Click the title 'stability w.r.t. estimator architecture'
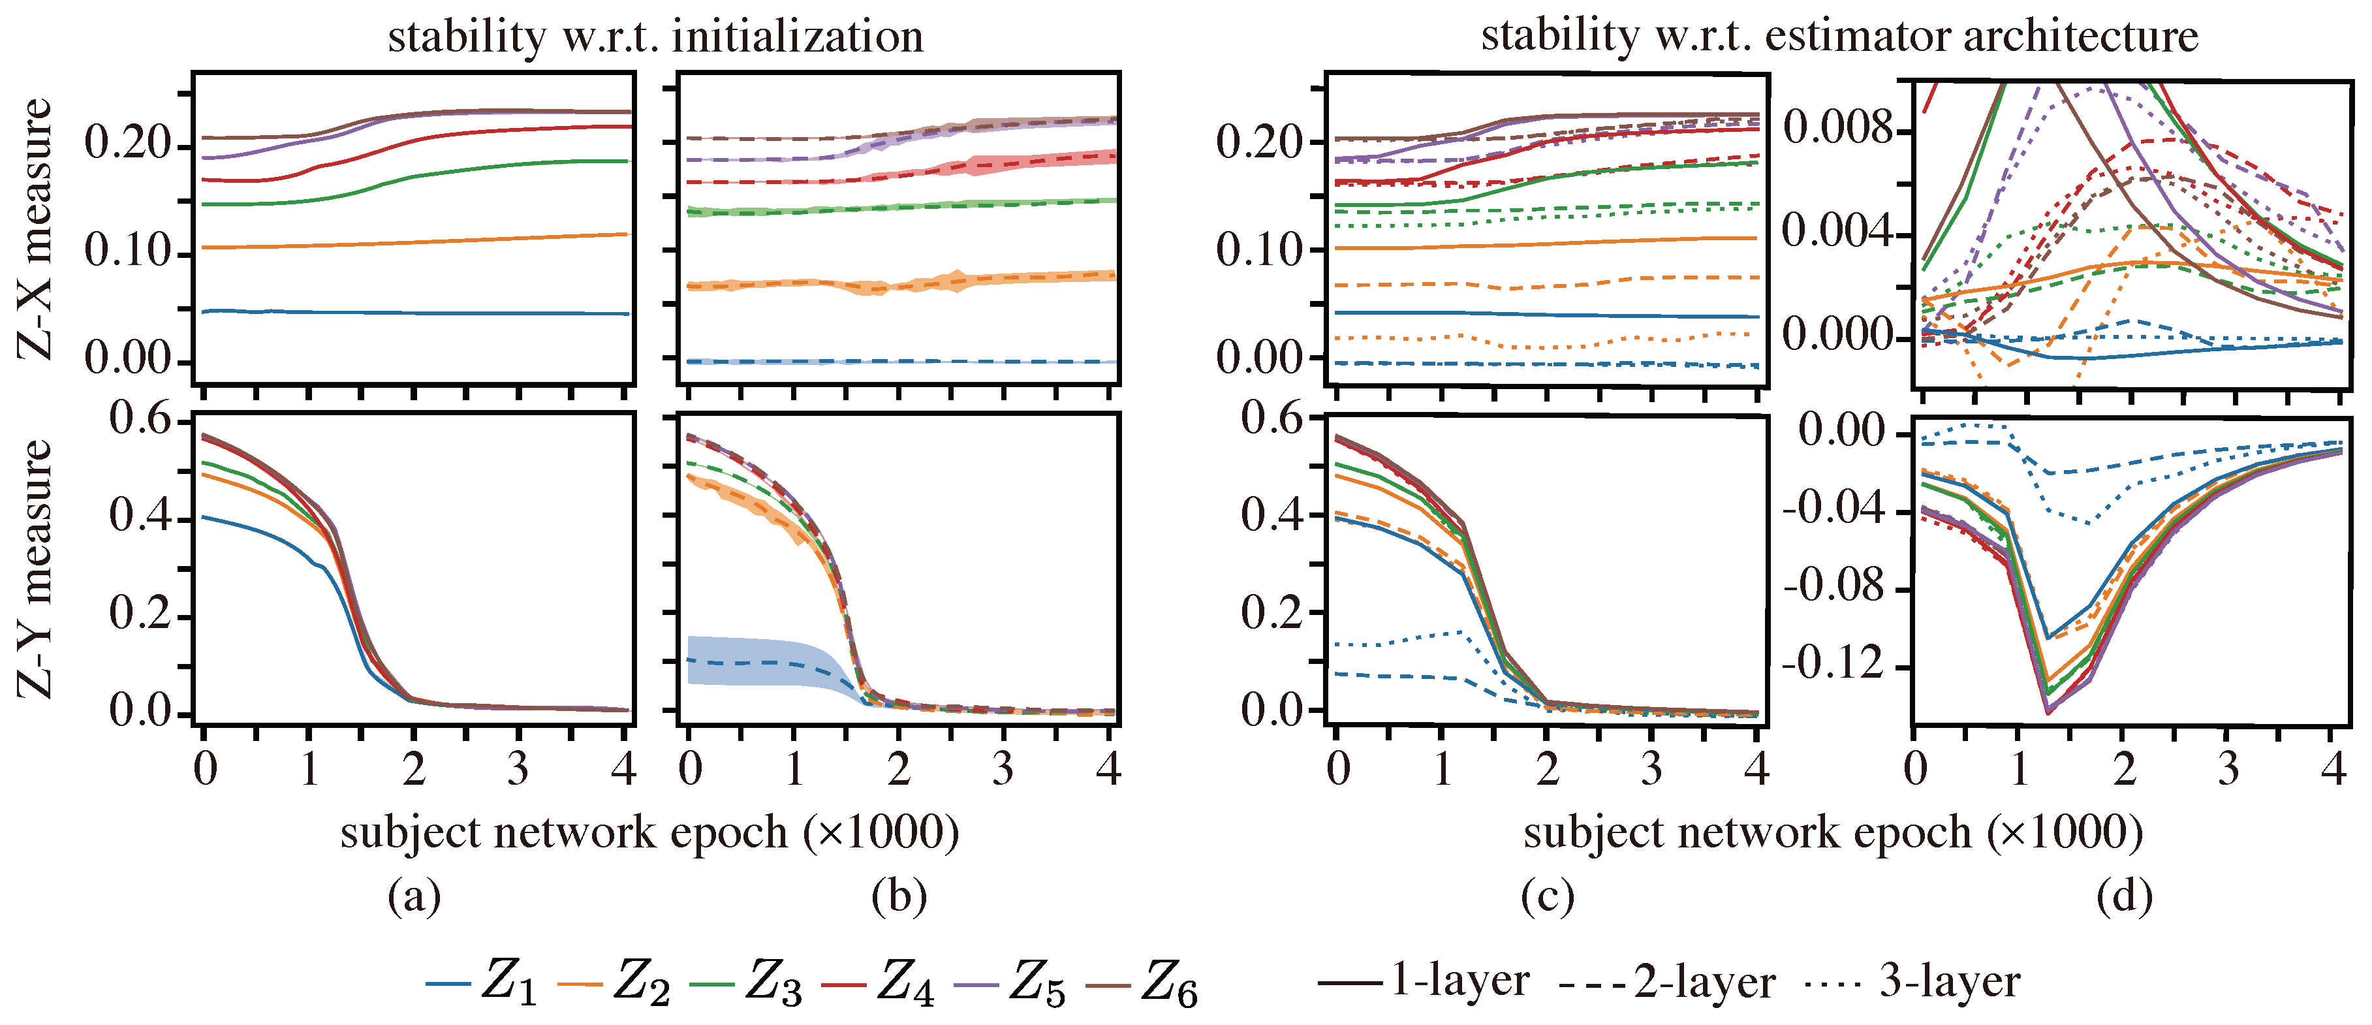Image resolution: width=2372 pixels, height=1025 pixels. [x=1839, y=37]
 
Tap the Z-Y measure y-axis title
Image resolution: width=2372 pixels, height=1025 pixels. [x=35, y=568]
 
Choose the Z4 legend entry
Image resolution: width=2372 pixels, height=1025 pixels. [x=879, y=982]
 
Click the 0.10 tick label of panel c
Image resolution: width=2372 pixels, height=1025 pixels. [x=1256, y=249]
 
